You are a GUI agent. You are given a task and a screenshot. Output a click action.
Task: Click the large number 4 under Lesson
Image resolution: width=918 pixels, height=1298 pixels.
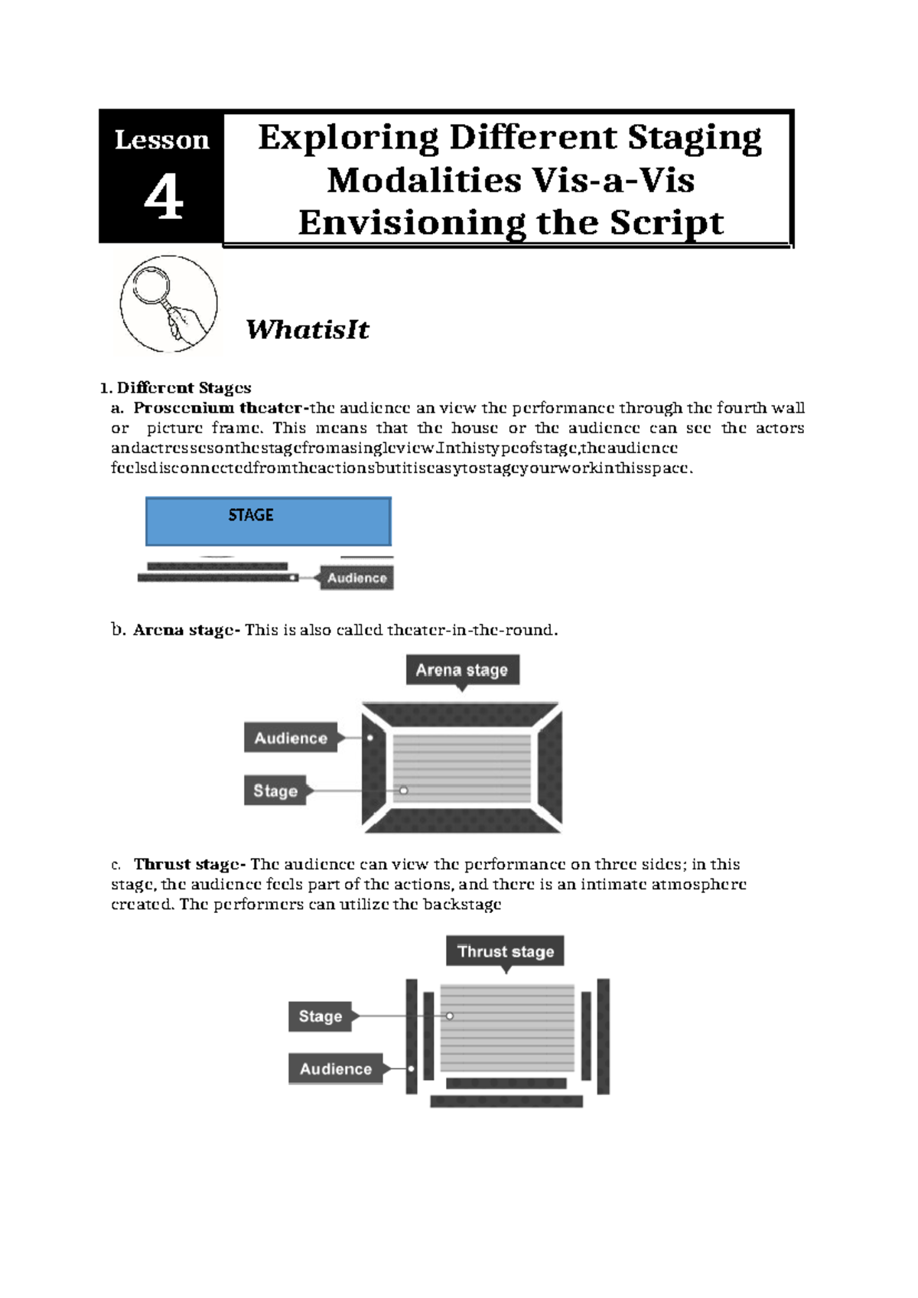(163, 197)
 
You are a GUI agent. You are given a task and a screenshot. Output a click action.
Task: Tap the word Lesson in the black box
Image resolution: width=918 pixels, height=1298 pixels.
(161, 140)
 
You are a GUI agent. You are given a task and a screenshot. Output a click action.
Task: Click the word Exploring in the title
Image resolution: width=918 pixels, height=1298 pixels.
(348, 138)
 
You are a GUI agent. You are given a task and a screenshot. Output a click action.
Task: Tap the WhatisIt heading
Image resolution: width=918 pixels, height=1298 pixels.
(307, 330)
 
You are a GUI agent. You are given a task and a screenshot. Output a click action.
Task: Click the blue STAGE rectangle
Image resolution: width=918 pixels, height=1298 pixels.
(268, 521)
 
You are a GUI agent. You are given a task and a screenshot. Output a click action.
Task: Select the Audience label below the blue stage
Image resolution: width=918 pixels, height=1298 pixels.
(356, 578)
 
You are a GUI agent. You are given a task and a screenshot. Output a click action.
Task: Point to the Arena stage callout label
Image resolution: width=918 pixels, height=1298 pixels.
(461, 670)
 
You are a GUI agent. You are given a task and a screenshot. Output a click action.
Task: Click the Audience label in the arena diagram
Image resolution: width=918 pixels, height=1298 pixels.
(291, 738)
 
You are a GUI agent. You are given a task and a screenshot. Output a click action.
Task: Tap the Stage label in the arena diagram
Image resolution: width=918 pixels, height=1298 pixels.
(275, 791)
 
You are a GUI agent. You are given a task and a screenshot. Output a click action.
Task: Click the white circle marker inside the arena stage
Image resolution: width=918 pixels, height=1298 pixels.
(404, 791)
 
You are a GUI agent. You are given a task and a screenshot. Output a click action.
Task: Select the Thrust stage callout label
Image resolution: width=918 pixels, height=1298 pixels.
(505, 951)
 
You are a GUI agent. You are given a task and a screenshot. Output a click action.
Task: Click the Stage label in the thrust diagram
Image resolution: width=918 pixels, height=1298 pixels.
(320, 1016)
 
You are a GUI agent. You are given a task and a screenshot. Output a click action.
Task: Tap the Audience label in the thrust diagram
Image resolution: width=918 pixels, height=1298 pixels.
(335, 1068)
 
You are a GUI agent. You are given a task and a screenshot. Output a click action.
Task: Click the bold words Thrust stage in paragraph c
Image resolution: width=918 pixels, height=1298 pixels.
(187, 864)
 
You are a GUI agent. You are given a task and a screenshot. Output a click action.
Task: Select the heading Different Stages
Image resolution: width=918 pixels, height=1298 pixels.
(184, 388)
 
